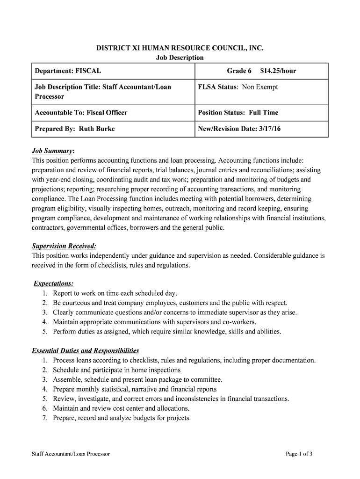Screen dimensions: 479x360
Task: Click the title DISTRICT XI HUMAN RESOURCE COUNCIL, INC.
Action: (180, 48)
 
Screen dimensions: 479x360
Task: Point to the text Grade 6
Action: (239, 71)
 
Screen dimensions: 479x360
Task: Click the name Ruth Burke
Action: (96, 129)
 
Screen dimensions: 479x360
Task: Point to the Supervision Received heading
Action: (64, 246)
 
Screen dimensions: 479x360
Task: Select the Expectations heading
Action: (53, 284)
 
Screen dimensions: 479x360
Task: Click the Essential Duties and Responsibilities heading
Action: (85, 351)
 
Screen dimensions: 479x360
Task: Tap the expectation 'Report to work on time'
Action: (115, 294)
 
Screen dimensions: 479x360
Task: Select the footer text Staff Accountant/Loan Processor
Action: (71, 454)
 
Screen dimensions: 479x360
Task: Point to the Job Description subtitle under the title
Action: (180, 58)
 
